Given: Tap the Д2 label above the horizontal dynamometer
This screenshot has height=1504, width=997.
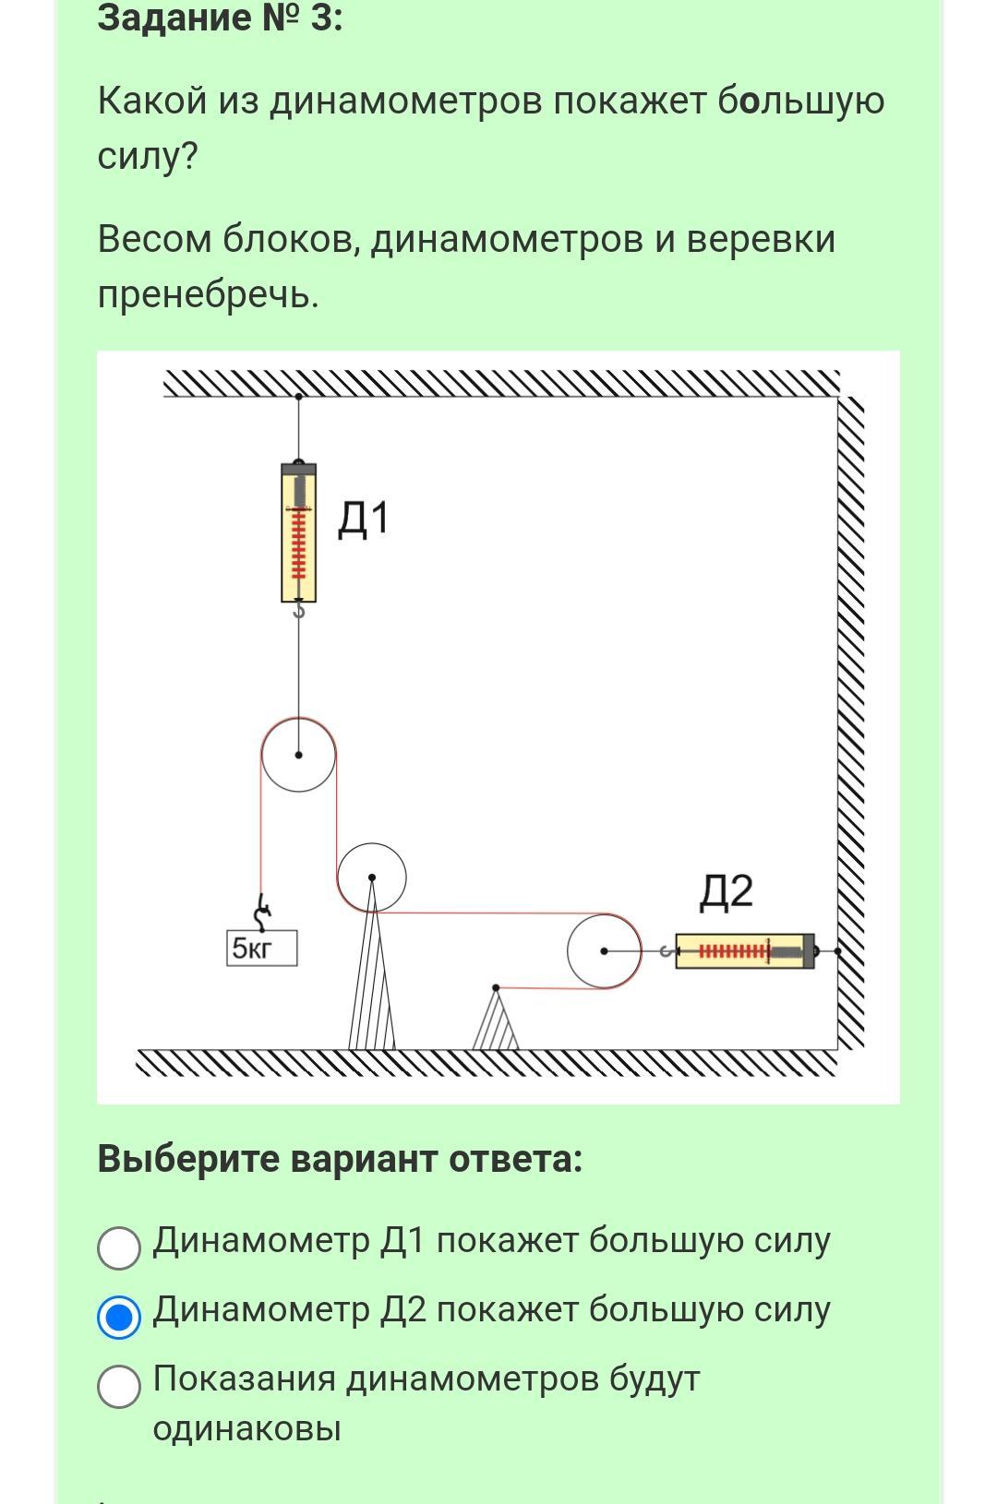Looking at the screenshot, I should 726,892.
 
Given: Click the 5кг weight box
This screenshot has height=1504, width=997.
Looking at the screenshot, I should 262,949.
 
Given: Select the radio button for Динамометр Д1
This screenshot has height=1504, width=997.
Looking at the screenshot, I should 119,1247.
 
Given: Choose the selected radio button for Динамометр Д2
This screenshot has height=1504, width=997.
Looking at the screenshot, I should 119,1316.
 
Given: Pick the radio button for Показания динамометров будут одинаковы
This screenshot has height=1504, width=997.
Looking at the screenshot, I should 119,1386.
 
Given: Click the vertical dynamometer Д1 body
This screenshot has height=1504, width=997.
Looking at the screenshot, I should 298,533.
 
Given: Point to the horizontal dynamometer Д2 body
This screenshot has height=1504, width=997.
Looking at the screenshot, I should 745,951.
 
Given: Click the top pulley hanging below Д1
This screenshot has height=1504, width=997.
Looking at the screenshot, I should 298,755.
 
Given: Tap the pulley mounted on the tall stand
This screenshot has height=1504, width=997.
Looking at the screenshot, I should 371,877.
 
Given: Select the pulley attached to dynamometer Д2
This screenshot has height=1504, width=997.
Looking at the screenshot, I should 604,951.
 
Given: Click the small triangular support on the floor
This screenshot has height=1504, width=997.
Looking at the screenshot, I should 496,1021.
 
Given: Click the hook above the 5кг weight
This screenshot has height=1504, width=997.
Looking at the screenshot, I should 264,913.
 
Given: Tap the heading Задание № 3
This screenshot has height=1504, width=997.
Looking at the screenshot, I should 220,18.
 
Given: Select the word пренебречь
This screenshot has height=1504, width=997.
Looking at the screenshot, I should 208,294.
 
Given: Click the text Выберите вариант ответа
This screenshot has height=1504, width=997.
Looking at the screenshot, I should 340,1159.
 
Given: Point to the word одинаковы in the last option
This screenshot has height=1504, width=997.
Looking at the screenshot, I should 246,1428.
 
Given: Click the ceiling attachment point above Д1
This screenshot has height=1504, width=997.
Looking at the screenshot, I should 298,397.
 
